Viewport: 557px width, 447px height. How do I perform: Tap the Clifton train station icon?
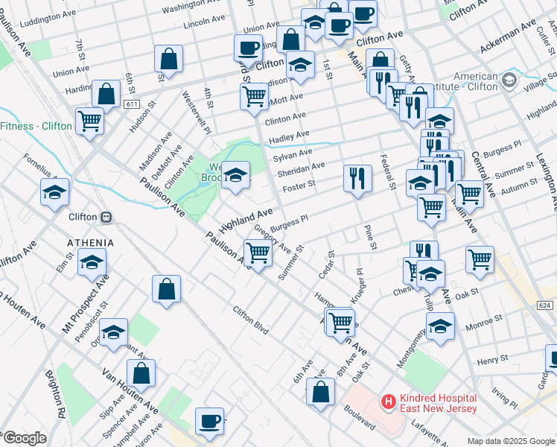(x=106, y=217)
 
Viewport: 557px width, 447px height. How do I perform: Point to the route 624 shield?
(x=544, y=305)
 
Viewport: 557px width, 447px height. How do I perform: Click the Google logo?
(x=24, y=438)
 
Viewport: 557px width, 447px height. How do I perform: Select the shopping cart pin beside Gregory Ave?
(x=258, y=253)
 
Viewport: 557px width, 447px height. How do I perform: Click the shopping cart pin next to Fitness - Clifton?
(x=90, y=120)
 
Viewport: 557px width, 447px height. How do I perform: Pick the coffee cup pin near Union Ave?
(x=248, y=48)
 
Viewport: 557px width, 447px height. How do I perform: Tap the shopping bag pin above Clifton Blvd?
(x=167, y=289)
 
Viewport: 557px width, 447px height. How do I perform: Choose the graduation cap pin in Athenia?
(x=92, y=262)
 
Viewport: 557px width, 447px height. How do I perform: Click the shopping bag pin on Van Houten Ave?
(x=141, y=373)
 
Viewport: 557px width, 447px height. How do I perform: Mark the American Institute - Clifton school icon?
(x=509, y=80)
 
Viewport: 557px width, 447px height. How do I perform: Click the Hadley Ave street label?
(x=289, y=135)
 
